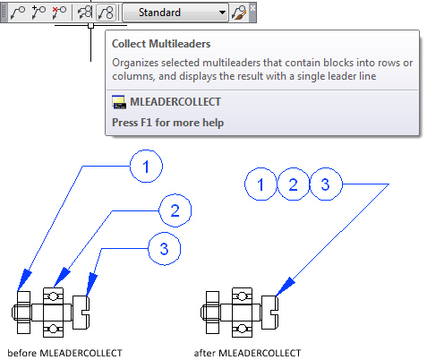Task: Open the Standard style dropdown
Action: [175, 13]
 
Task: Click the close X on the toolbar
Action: [252, 7]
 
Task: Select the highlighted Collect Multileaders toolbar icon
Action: [107, 13]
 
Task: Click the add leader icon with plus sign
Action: [38, 13]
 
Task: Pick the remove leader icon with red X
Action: [59, 13]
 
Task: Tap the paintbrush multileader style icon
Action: [239, 13]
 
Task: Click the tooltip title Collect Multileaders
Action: [161, 44]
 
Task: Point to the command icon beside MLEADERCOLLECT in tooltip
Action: [119, 102]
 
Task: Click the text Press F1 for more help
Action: [167, 123]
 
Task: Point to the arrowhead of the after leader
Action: [285, 287]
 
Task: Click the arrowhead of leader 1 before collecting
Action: [24, 279]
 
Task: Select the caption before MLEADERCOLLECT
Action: [64, 353]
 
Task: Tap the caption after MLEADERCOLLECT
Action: [247, 353]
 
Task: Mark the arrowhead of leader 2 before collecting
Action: [62, 278]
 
